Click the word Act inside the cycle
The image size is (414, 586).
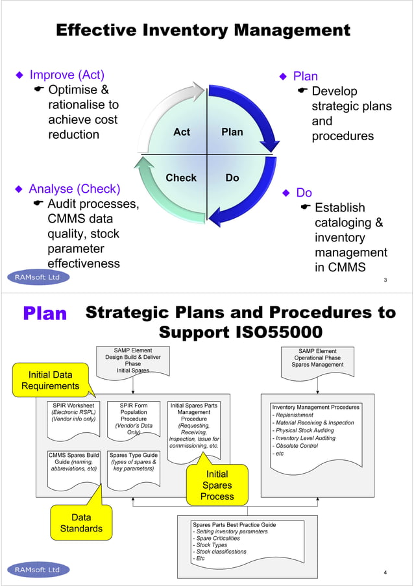pyautogui.click(x=182, y=132)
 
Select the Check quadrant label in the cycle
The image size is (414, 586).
pyautogui.click(x=181, y=177)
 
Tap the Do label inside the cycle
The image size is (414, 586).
pyautogui.click(x=232, y=177)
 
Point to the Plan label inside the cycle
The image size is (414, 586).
pyautogui.click(x=232, y=132)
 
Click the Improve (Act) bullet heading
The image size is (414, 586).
pyautogui.click(x=67, y=75)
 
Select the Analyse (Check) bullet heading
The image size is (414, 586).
pyautogui.click(x=75, y=189)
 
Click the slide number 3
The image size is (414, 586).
pyautogui.click(x=385, y=280)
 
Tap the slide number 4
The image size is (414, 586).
pyautogui.click(x=385, y=572)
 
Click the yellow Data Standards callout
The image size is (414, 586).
pyautogui.click(x=81, y=523)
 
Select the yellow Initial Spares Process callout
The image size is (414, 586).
pyautogui.click(x=217, y=485)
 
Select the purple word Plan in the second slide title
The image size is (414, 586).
pyautogui.click(x=45, y=314)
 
